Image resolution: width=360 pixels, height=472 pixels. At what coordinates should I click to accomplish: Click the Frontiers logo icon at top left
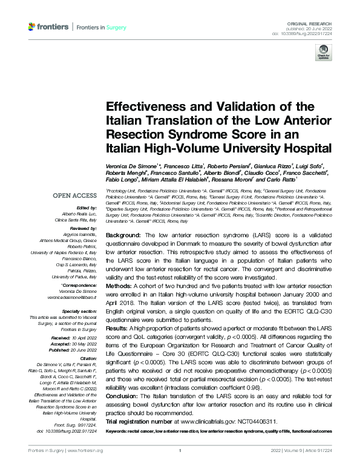33,27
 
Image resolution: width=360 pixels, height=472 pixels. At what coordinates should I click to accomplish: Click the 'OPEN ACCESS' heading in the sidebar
74,196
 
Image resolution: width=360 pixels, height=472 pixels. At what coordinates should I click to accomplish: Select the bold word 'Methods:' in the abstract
120,284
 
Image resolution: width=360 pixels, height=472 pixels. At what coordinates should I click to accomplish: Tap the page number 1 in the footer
180,451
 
